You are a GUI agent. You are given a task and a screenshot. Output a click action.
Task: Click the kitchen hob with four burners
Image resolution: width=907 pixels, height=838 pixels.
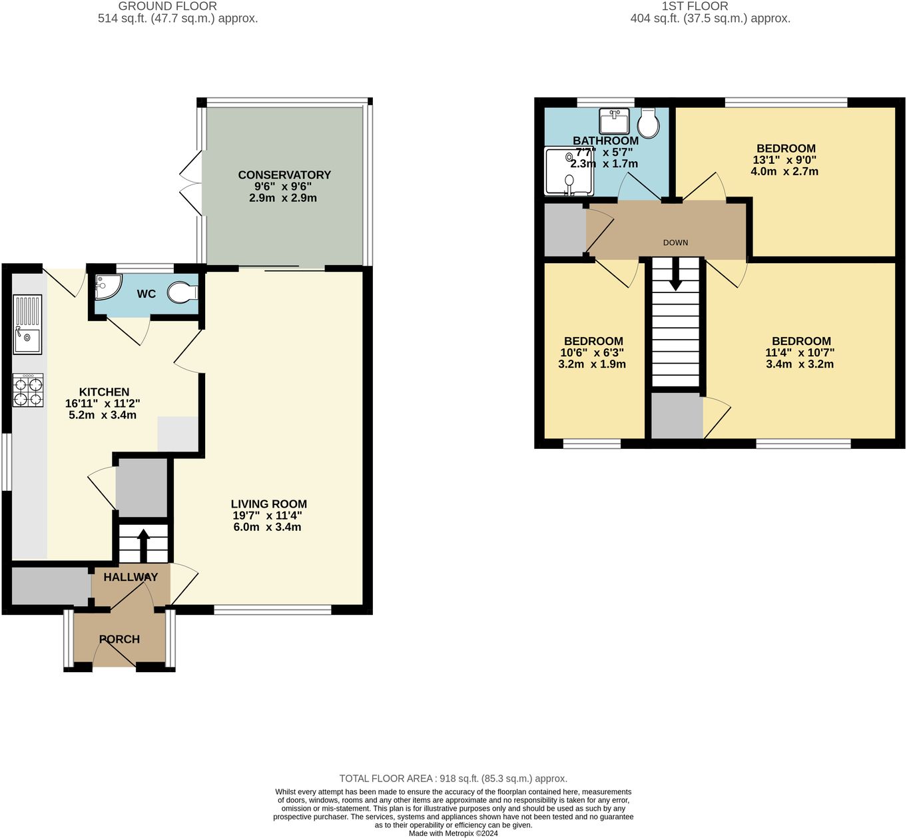(x=28, y=390)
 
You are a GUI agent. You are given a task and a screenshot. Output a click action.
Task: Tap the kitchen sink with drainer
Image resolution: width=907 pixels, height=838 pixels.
(x=27, y=324)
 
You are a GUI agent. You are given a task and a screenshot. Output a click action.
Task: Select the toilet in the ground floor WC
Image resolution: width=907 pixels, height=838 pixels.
(x=182, y=292)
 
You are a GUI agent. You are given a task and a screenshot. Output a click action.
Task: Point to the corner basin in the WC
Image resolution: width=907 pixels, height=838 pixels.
(x=108, y=286)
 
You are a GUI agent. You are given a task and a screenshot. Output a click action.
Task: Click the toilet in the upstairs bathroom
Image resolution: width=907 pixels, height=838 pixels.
(x=648, y=123)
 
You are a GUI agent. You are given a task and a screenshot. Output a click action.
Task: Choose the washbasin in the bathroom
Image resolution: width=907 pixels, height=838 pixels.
(x=614, y=121)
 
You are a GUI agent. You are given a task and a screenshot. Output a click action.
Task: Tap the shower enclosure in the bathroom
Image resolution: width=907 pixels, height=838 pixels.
(x=569, y=171)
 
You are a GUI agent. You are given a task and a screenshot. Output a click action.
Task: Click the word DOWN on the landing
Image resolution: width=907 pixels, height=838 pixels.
(x=675, y=242)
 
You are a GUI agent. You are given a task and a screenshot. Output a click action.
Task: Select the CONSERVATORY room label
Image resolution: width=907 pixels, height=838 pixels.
(x=284, y=175)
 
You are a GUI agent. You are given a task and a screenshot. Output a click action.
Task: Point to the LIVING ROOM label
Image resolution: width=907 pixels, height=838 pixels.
(x=268, y=504)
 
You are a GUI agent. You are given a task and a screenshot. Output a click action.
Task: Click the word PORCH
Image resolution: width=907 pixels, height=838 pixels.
(x=120, y=639)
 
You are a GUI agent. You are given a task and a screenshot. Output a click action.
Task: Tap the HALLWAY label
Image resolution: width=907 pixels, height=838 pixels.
(x=131, y=577)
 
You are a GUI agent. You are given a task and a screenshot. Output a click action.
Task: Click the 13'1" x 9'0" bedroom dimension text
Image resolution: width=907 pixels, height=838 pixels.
(x=784, y=160)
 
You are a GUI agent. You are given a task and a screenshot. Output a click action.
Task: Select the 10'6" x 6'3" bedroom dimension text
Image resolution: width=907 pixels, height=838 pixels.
(x=592, y=352)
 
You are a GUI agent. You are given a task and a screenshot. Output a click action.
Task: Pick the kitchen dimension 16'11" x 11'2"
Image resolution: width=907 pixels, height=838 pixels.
(x=103, y=403)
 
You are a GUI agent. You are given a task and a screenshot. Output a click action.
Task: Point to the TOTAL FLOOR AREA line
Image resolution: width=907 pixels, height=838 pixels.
(x=453, y=778)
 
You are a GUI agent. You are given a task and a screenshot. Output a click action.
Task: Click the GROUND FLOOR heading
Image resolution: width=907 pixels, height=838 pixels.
(x=167, y=6)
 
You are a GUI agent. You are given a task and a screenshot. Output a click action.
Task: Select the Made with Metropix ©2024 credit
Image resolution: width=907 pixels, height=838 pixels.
(x=453, y=833)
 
